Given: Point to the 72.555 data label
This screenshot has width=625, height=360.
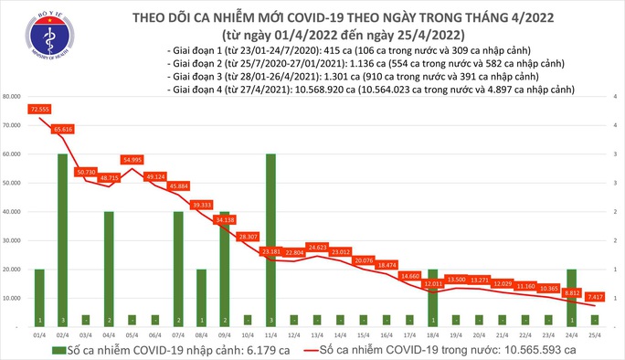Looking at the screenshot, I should (39, 109).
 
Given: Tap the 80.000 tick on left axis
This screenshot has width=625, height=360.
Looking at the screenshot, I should (12, 96).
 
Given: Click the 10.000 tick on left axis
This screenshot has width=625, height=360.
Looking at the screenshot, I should (12, 298).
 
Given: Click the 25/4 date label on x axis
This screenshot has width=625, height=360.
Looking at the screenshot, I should (593, 334).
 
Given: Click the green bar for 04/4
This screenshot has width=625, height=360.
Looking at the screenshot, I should (109, 269).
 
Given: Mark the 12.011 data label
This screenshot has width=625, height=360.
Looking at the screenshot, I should (432, 284).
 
